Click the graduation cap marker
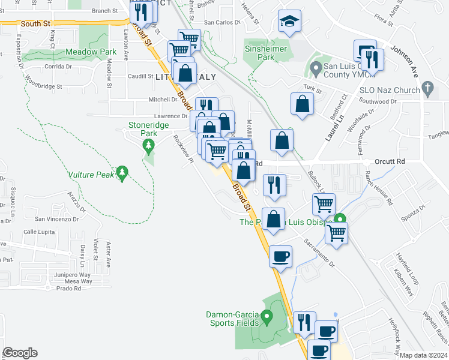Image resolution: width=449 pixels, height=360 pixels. (289, 23)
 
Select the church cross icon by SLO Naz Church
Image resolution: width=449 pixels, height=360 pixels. (427, 89)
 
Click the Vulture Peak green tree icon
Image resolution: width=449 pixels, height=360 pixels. (122, 173)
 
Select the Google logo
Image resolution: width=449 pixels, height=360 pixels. (19, 352)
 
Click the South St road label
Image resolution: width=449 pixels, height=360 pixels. (34, 23)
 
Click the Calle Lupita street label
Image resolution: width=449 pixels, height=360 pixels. (39, 232)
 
